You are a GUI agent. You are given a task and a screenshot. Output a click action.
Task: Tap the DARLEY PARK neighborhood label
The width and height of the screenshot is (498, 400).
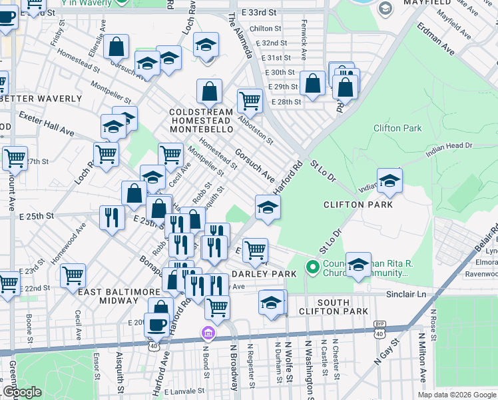(264, 274)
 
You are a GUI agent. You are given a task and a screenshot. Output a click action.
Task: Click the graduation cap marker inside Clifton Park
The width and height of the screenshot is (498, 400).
(389, 180)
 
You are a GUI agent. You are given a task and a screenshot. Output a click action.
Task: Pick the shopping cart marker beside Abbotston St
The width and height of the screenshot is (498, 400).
(250, 101)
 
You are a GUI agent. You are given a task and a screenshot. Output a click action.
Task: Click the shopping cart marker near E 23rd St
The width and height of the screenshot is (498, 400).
(73, 275)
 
